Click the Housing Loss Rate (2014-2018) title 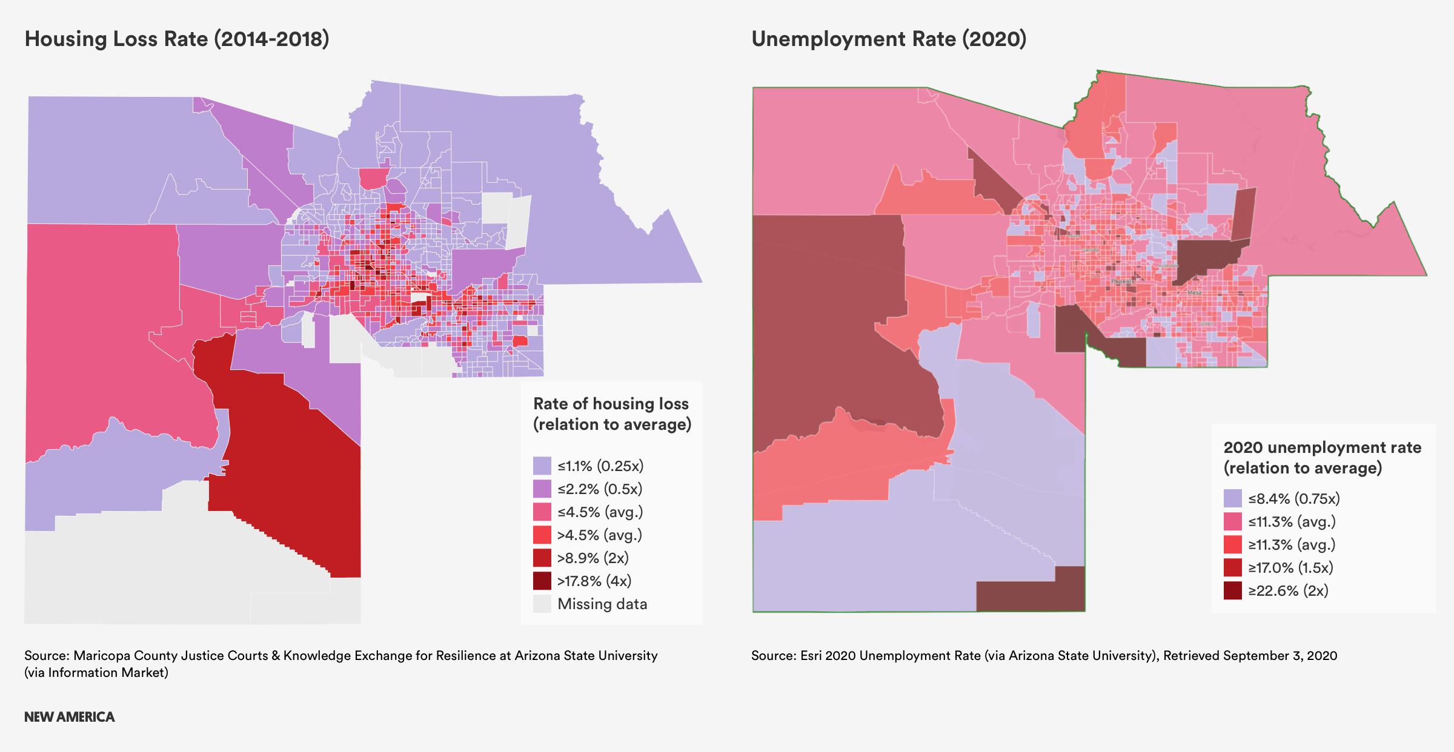pyautogui.click(x=177, y=39)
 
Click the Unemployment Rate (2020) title pyautogui.click(x=889, y=39)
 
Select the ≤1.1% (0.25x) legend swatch pyautogui.click(x=542, y=466)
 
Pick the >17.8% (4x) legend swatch pyautogui.click(x=542, y=581)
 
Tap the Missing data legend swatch pyautogui.click(x=542, y=604)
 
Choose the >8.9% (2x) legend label pyautogui.click(x=593, y=558)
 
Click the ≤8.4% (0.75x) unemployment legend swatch pyautogui.click(x=1232, y=498)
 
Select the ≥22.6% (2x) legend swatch pyautogui.click(x=1232, y=590)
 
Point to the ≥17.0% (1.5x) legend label pyautogui.click(x=1290, y=567)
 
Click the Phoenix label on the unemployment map pyautogui.click(x=1122, y=282)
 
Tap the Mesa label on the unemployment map pyautogui.click(x=1194, y=292)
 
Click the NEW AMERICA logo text pyautogui.click(x=69, y=717)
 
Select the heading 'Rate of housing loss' pyautogui.click(x=611, y=403)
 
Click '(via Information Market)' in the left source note pyautogui.click(x=96, y=673)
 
